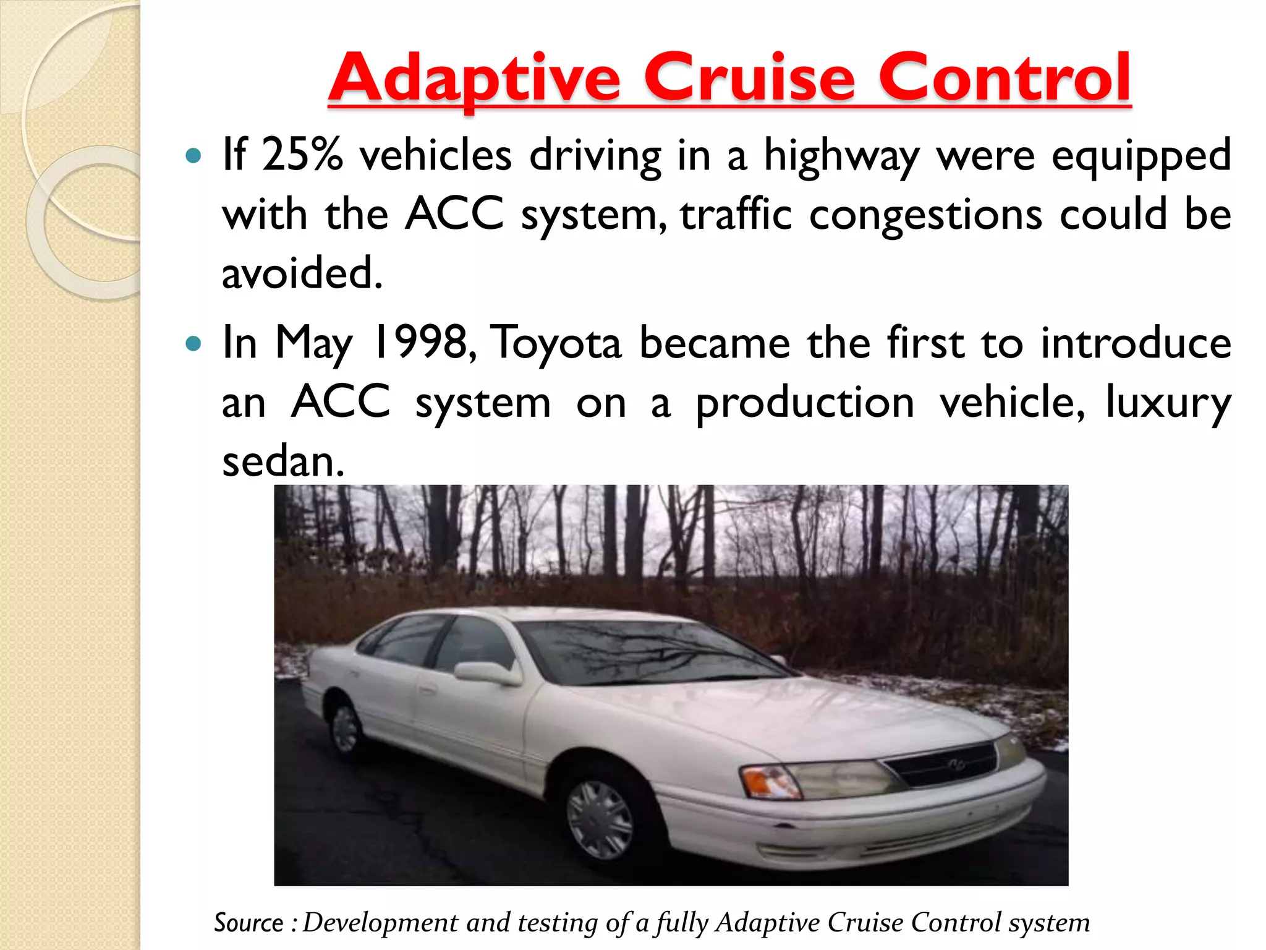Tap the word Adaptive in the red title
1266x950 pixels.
[x=474, y=79]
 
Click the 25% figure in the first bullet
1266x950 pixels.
[x=302, y=155]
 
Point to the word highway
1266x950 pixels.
[x=842, y=156]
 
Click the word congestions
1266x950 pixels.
[x=925, y=215]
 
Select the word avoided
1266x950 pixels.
[x=302, y=273]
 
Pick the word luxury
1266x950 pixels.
[x=1168, y=403]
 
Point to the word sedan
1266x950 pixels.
[x=283, y=461]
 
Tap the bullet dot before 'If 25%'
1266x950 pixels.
[x=193, y=155]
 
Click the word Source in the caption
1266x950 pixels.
[x=249, y=923]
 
